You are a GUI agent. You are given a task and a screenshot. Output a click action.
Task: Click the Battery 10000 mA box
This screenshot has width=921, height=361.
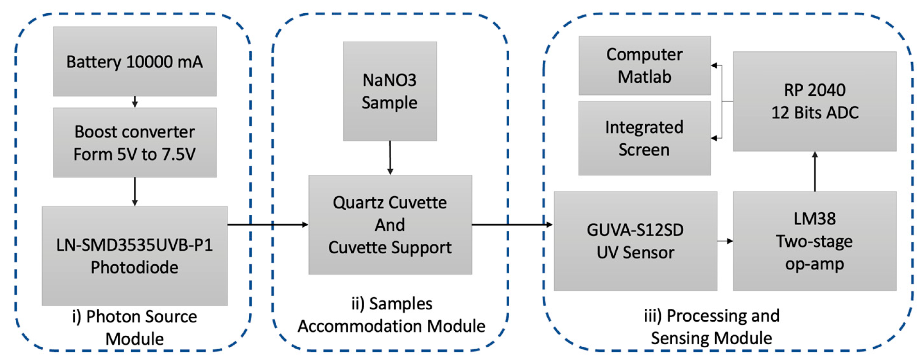point(134,61)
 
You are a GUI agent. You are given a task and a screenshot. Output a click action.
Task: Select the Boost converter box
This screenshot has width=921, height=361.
point(134,143)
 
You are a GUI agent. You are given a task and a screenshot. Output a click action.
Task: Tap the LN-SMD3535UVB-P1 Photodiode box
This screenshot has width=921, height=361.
point(134,256)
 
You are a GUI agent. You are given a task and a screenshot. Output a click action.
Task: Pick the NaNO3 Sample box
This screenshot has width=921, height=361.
point(390,91)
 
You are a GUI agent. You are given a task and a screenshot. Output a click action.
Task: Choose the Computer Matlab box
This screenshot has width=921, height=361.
point(644,66)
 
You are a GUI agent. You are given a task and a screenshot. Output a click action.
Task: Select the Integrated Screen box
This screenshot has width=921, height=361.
point(644,138)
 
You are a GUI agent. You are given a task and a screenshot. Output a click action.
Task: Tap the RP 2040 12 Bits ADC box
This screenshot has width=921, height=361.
point(815,101)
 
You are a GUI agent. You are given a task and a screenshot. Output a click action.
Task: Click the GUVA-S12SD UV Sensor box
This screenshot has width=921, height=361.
point(635,241)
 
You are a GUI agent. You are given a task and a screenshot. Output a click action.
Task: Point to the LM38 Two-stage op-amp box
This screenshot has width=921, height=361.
point(815,241)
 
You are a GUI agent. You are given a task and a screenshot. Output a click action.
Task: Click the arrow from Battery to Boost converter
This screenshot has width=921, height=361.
point(134,102)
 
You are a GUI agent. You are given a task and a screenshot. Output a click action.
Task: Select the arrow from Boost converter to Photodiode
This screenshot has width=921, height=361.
point(134,191)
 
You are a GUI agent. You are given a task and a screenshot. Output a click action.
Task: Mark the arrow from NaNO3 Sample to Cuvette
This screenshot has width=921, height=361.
point(390,158)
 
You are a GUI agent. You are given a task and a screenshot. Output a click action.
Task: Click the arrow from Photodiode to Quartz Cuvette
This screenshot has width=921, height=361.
point(268,225)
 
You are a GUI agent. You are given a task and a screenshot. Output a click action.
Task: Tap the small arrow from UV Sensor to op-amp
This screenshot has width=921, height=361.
point(725,241)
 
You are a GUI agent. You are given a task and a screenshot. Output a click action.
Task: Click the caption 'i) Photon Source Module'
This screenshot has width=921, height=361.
point(134,327)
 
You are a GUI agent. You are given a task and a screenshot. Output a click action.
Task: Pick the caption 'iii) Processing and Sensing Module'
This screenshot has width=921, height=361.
point(712,326)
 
